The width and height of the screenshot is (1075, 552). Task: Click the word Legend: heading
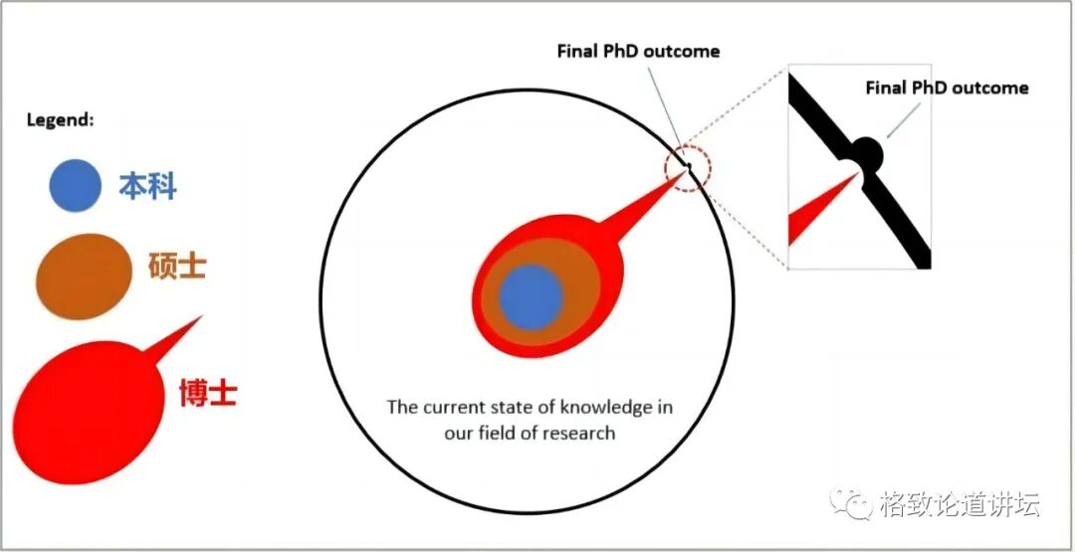60,119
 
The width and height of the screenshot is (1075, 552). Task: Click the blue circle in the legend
75,185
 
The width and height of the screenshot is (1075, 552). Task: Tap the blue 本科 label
147,186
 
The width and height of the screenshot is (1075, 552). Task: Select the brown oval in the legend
84,276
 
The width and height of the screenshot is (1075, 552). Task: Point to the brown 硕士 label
177,267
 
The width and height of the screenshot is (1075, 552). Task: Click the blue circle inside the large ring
531,298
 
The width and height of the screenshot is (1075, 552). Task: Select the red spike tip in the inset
853,177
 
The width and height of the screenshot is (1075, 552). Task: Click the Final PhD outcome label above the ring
638,51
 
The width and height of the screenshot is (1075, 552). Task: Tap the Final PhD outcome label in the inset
947,88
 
